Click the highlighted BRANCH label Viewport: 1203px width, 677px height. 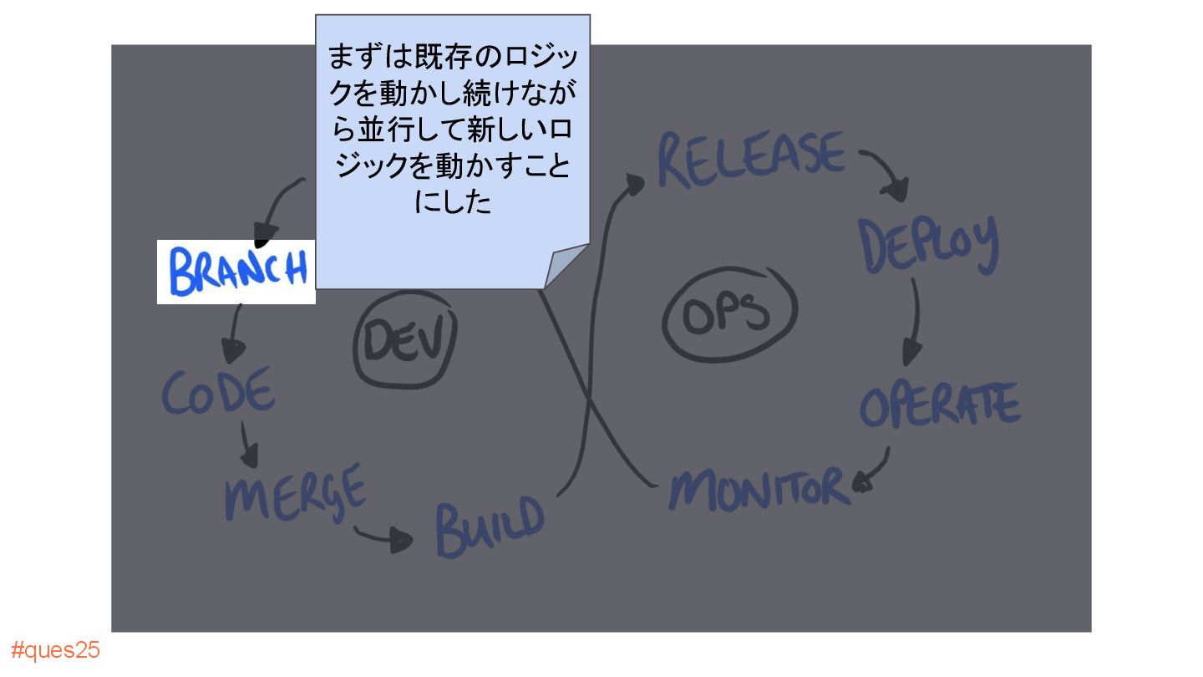236,272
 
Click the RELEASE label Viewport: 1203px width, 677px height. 750,159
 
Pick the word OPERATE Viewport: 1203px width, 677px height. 940,405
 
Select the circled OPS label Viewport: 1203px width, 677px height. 729,313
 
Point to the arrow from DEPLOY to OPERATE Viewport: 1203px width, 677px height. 915,322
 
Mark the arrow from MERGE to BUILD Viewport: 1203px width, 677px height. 384,537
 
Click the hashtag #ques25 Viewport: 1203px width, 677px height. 55,650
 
